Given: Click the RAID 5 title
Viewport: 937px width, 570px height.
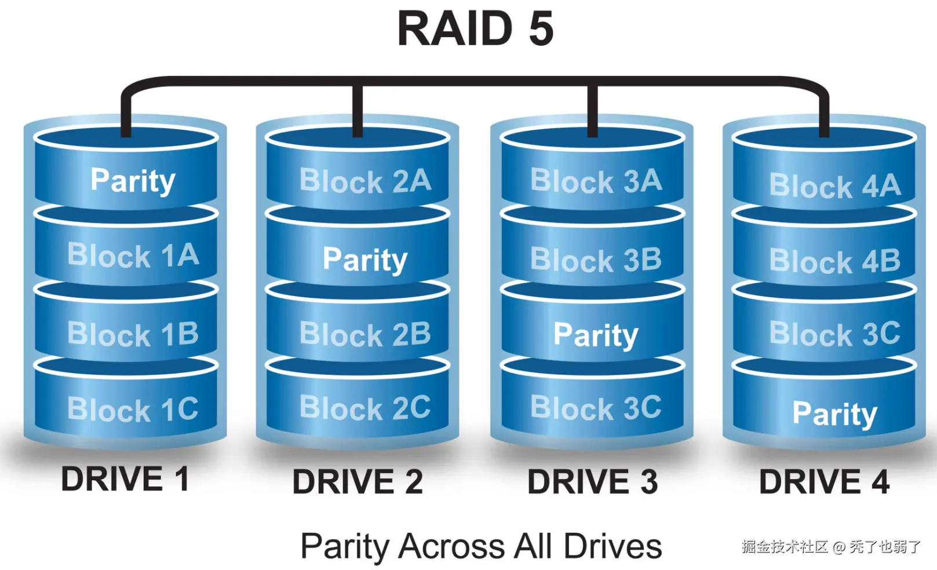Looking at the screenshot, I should [475, 29].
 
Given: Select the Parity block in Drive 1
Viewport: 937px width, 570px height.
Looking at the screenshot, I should [133, 180].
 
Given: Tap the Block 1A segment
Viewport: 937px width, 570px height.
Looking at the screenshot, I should [133, 255].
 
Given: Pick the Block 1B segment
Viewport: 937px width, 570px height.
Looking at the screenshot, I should [133, 334].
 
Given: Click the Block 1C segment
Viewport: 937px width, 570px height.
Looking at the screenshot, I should [133, 409].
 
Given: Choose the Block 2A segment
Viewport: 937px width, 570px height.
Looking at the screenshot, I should [365, 181].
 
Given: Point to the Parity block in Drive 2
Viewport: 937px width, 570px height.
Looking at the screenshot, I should [365, 259].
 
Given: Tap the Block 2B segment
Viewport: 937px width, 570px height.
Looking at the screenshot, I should [365, 334].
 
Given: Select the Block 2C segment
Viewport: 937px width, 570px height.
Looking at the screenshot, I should [365, 408].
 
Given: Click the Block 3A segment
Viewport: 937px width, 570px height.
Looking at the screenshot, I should [596, 181].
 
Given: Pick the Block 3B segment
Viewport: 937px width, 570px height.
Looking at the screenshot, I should [596, 260].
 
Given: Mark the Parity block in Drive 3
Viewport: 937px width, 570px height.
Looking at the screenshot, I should [596, 335].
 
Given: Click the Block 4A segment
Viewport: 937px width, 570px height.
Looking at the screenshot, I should [835, 186].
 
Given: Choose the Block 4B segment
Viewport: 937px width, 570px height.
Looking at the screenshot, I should [835, 261].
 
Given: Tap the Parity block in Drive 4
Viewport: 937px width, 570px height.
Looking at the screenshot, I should [835, 414].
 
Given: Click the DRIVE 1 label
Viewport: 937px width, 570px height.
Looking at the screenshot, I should [125, 479].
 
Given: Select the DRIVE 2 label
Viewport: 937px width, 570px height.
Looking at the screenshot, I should [358, 482].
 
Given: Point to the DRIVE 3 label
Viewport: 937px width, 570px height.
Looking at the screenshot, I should [592, 482].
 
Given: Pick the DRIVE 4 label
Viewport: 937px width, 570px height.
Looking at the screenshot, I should [824, 482].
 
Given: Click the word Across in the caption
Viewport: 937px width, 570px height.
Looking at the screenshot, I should [452, 546].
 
